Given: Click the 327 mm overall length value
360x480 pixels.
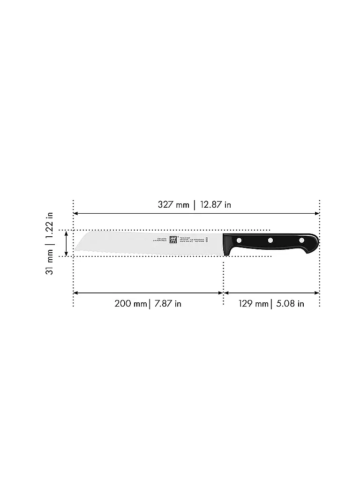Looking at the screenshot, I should pyautogui.click(x=173, y=205).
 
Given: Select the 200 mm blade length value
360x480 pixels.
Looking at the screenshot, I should pyautogui.click(x=131, y=304).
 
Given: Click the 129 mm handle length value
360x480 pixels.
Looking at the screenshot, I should pyautogui.click(x=253, y=304).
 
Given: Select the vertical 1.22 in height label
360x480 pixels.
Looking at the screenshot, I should pyautogui.click(x=50, y=226).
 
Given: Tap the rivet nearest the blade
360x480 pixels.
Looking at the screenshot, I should pyautogui.click(x=239, y=240).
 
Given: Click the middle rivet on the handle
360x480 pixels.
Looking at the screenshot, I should pyautogui.click(x=270, y=240).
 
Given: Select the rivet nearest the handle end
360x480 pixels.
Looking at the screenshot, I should pyautogui.click(x=301, y=241).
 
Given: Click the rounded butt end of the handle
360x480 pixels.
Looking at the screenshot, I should pyautogui.click(x=317, y=242).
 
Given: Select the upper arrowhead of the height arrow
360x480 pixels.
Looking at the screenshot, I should pyautogui.click(x=67, y=232).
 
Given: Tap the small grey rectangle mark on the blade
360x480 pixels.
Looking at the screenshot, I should pyautogui.click(x=207, y=240).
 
